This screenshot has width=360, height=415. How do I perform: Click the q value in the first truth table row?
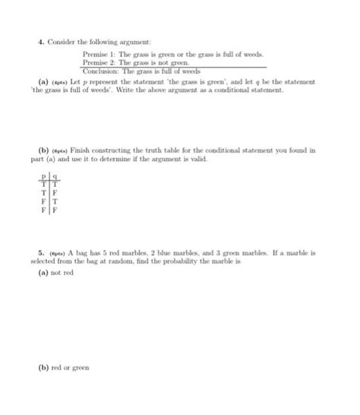55,183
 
